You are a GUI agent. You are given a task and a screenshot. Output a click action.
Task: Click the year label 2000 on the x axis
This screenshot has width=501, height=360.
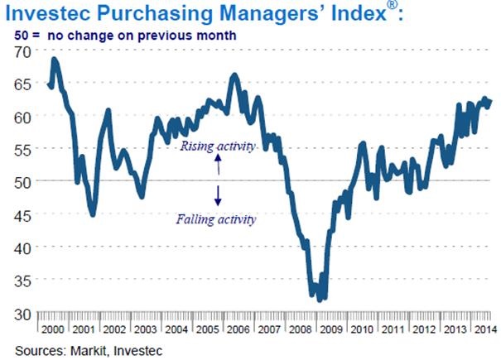[54, 329]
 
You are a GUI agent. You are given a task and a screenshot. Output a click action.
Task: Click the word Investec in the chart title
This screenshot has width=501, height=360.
[55, 15]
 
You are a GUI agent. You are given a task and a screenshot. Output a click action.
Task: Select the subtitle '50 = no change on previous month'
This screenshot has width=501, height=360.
[124, 36]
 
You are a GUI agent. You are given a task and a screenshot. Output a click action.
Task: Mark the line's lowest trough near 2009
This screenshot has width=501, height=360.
[319, 300]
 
